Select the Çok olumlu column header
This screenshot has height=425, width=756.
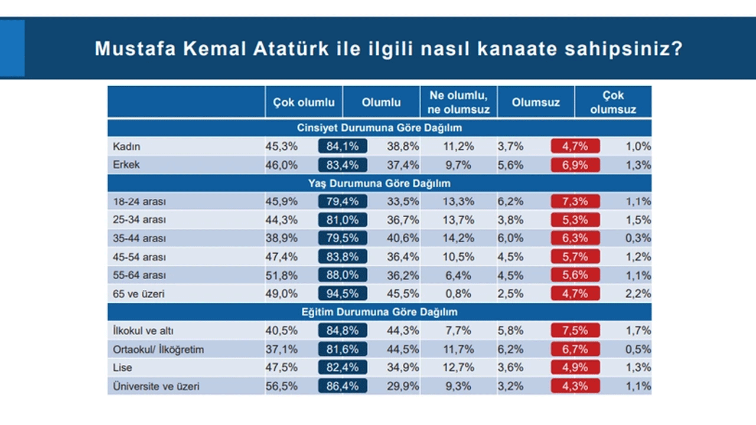(304, 102)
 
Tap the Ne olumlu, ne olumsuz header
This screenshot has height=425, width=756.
(458, 102)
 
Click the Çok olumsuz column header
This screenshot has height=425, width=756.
(613, 102)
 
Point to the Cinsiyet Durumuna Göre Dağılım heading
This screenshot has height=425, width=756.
(379, 127)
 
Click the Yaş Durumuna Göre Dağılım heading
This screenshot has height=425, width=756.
(379, 184)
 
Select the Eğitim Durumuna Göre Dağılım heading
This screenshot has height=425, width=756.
(379, 312)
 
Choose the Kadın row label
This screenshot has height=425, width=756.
(126, 146)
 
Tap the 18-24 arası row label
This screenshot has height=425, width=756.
(139, 201)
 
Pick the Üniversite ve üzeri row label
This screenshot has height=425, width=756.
(155, 387)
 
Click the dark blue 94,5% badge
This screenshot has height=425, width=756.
(343, 293)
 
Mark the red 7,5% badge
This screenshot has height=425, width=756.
(575, 331)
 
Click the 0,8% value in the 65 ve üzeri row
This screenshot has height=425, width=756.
(461, 293)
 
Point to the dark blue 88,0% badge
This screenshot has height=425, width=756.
(343, 275)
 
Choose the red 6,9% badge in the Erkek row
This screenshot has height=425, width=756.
(575, 165)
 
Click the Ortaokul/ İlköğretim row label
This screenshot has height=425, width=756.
(158, 349)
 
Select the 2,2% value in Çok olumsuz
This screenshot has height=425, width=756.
(638, 293)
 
